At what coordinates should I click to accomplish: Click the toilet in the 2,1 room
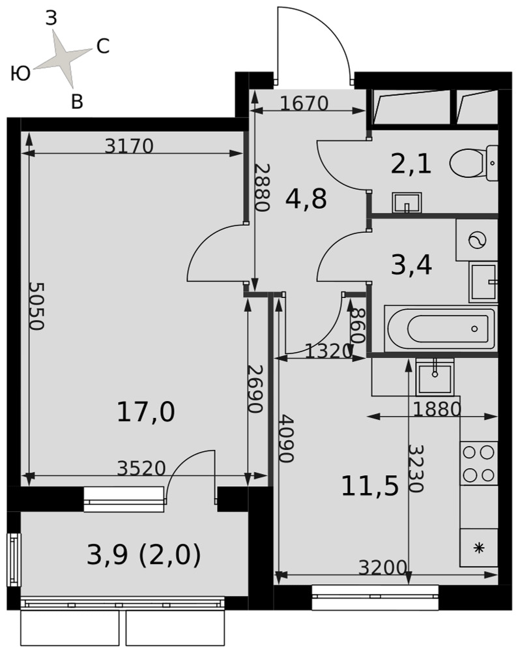coord(474,163)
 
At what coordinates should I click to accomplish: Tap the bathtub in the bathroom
coord(440,329)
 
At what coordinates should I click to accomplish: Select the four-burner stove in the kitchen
coord(478,463)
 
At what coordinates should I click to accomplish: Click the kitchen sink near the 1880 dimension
coord(435,378)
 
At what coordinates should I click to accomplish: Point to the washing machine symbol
coord(477,240)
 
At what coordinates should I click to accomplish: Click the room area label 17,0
coord(146,412)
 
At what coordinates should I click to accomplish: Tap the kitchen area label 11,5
coord(369,486)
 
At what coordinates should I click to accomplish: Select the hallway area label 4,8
coord(306,199)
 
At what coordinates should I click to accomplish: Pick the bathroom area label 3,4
coord(411,265)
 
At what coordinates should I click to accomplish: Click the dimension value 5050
coord(36,306)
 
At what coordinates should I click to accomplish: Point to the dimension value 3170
coord(129,146)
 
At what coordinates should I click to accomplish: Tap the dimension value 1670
coord(304,103)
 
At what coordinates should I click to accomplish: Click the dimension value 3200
coord(382,567)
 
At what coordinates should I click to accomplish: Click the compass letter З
coord(51,19)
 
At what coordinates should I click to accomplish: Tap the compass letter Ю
coord(20,74)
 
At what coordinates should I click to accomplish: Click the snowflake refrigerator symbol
coord(479,548)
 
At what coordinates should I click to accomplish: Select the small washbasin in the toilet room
coord(407,203)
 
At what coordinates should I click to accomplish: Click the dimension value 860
coord(358,325)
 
